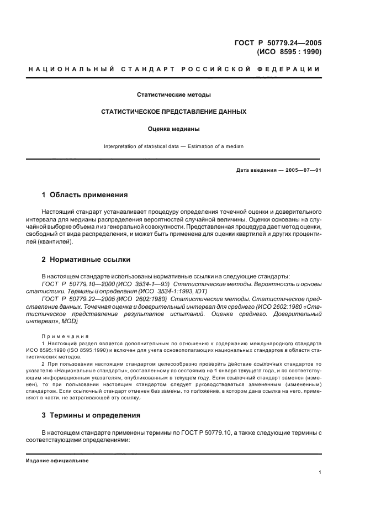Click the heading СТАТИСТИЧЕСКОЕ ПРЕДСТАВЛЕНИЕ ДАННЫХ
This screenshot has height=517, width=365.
tap(173, 112)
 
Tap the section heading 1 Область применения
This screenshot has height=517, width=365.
tap(85, 195)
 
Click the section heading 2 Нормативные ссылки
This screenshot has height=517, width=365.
tap(87, 259)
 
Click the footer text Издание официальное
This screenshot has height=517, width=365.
tap(57, 460)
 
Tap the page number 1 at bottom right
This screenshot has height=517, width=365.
tap(320, 472)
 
